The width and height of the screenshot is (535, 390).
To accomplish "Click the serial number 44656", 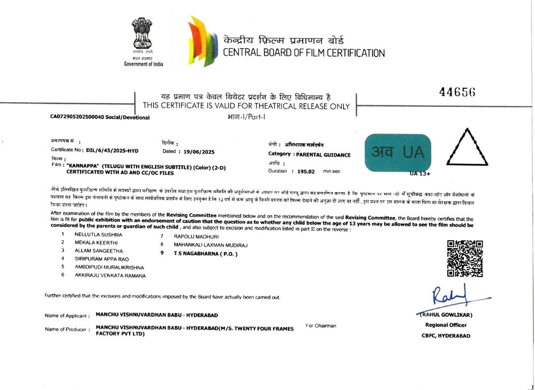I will [457, 92].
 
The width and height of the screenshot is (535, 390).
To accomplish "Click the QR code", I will [465, 258].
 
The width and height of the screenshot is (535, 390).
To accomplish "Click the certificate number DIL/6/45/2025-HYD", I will [109, 150].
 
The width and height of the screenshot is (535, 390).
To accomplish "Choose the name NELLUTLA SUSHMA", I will [98, 234].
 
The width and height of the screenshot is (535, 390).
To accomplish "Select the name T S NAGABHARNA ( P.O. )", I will [205, 254].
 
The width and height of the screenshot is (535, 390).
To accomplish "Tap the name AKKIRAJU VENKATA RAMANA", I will [110, 276].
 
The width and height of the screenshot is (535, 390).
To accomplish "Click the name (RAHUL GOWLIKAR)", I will [446, 315].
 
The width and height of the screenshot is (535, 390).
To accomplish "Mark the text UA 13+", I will [420, 174].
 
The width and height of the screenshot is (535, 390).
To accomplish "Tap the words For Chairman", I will [321, 325].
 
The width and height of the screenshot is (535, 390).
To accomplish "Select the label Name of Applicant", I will [66, 316].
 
